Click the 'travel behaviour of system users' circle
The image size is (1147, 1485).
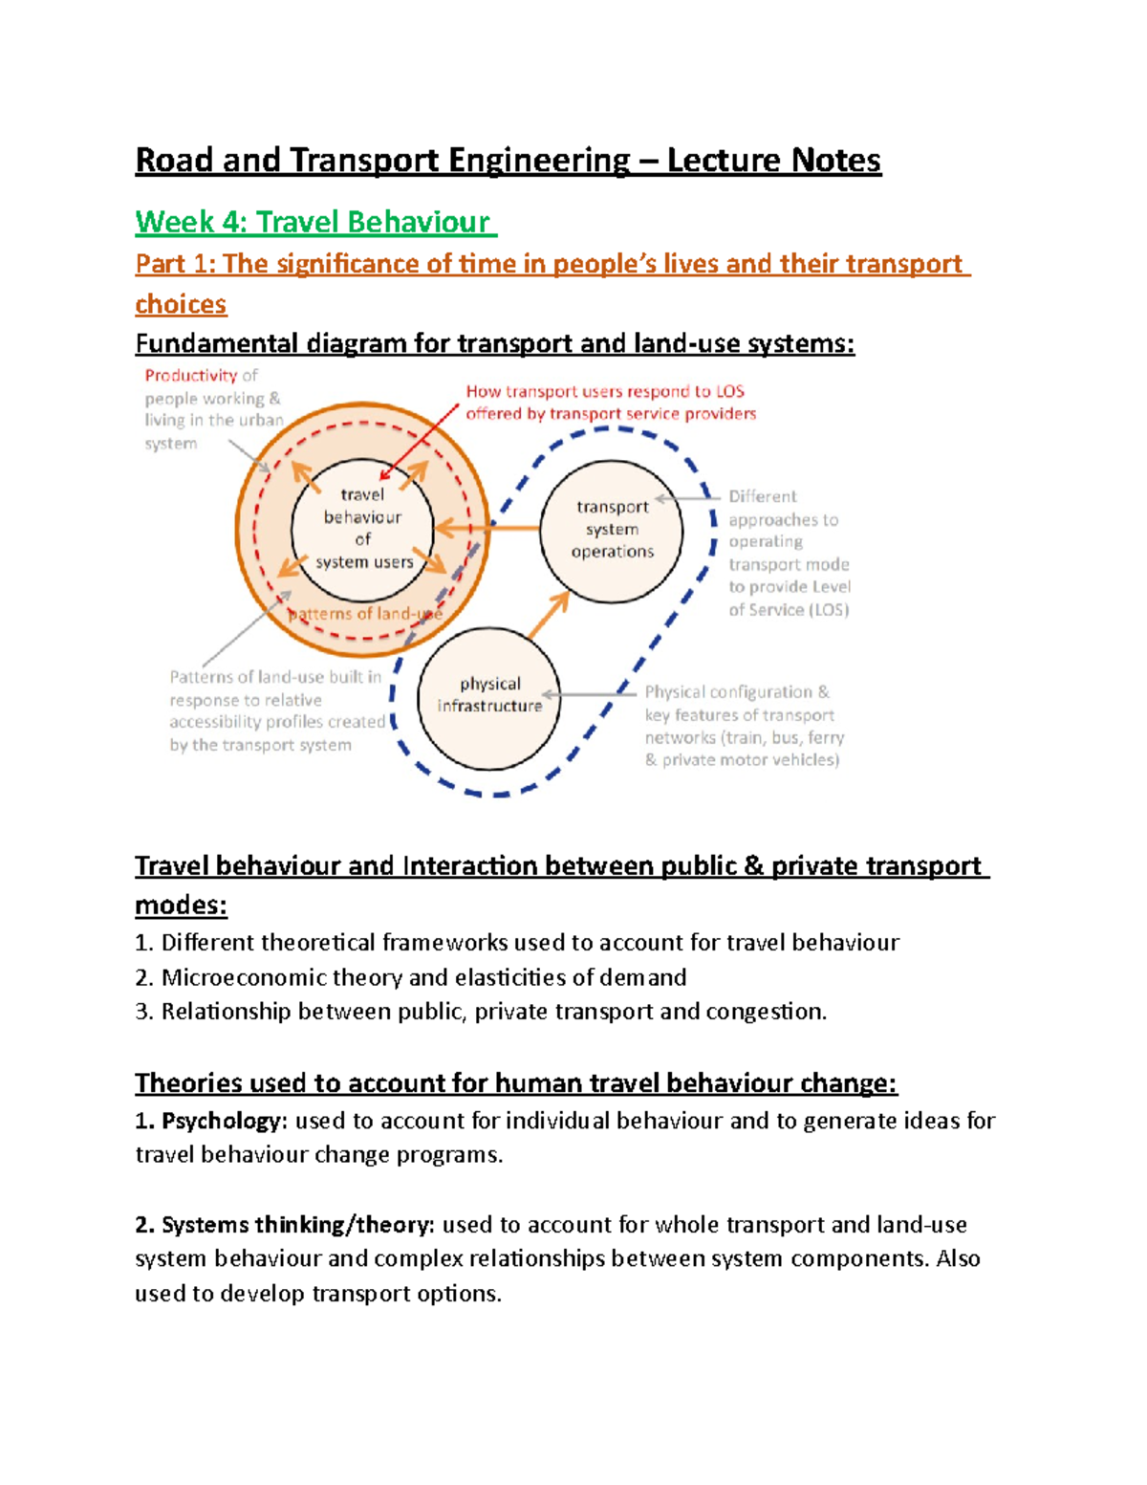362,529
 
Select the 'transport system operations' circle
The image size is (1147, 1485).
612,530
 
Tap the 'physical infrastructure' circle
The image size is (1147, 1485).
489,697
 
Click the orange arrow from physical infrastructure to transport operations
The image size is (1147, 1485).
549,615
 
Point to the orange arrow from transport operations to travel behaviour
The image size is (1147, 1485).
487,528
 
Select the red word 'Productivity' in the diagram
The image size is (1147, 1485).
190,376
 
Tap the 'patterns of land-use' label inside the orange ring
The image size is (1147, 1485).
365,614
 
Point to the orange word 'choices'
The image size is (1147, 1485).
181,304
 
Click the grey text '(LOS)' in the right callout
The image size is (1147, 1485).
829,610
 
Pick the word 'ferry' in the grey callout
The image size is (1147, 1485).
826,737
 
